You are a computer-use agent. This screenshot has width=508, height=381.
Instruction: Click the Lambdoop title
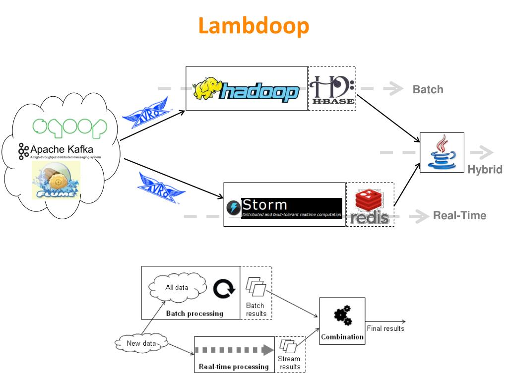click(x=254, y=25)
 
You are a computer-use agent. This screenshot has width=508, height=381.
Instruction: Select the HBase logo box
click(x=332, y=88)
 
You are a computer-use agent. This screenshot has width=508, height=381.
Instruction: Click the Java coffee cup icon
click(x=442, y=153)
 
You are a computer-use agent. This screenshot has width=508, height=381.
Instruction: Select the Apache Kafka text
click(x=61, y=149)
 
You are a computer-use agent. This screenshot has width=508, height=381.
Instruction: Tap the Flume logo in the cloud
click(x=56, y=181)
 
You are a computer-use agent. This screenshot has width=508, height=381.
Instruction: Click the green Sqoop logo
click(x=69, y=127)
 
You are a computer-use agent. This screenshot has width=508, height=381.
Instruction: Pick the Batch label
click(x=428, y=90)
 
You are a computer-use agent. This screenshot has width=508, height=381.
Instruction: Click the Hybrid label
click(x=485, y=170)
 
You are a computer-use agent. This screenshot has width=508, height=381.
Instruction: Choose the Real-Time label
click(x=459, y=216)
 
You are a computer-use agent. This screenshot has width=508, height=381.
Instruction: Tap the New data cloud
click(x=141, y=343)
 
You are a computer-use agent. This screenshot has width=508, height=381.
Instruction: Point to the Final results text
click(x=385, y=328)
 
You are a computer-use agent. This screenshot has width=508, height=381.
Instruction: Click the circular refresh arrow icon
click(x=224, y=289)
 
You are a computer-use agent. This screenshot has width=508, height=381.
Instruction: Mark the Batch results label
click(x=256, y=309)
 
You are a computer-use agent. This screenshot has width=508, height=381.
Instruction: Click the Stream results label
click(x=290, y=362)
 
